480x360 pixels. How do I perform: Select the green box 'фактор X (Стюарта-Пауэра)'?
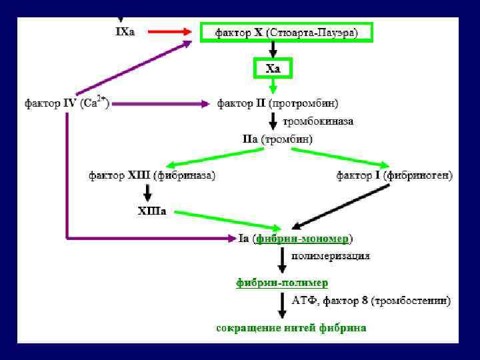pyautogui.click(x=286, y=32)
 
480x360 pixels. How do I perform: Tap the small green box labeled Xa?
pyautogui.click(x=273, y=68)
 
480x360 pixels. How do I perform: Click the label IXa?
pyautogui.click(x=125, y=31)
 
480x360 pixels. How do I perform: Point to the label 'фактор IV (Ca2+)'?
pyautogui.click(x=67, y=103)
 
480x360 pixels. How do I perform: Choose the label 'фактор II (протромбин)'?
pyautogui.click(x=277, y=103)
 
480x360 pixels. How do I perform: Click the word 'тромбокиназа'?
pyautogui.click(x=318, y=121)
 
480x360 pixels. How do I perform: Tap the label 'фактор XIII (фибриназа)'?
pyautogui.click(x=152, y=175)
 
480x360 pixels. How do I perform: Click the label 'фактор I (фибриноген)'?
pyautogui.click(x=394, y=175)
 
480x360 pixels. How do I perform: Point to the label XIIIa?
pyautogui.click(x=152, y=211)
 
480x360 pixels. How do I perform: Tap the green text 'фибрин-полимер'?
pyautogui.click(x=282, y=283)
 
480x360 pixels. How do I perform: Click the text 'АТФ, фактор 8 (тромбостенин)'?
pyautogui.click(x=371, y=301)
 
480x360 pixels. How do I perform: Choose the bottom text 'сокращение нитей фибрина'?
pyautogui.click(x=291, y=328)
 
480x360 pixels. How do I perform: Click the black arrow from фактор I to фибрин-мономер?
pyautogui.click(x=341, y=207)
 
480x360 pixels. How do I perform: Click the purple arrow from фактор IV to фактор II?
pyautogui.click(x=160, y=103)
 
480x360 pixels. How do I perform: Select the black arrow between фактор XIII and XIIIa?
pyautogui.click(x=147, y=193)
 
